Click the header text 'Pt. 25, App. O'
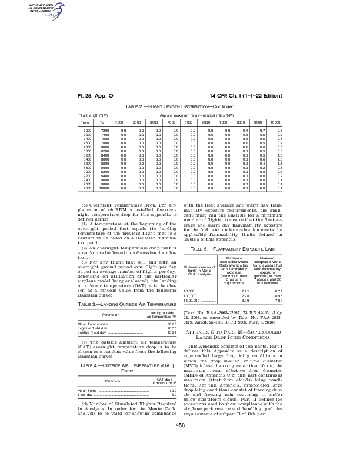click(95, 95)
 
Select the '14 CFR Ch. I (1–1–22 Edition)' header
click(246, 95)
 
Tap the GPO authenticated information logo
click(36, 10)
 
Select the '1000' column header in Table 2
click(119, 122)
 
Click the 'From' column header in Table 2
click(86, 122)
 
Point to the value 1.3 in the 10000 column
click(280, 159)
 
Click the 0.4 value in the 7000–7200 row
click(245, 130)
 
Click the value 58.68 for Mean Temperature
click(172, 324)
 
